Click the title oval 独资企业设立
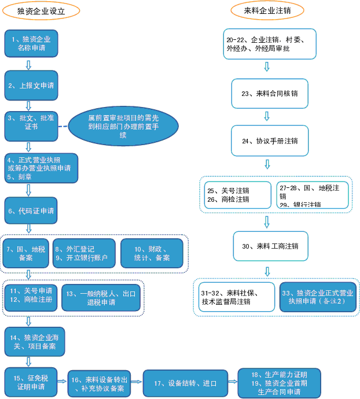pyautogui.click(x=41, y=10)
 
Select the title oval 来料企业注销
pyautogui.click(x=267, y=10)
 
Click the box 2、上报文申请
pyautogui.click(x=31, y=85)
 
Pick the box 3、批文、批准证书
pyautogui.click(x=31, y=126)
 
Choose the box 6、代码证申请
pyautogui.click(x=31, y=211)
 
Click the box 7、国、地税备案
pyautogui.click(x=25, y=253)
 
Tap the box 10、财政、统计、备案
pyautogui.click(x=151, y=253)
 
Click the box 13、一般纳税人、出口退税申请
pyautogui.click(x=101, y=298)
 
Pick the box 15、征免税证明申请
pyautogui.click(x=31, y=382)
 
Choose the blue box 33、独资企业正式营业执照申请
pyautogui.click(x=318, y=297)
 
